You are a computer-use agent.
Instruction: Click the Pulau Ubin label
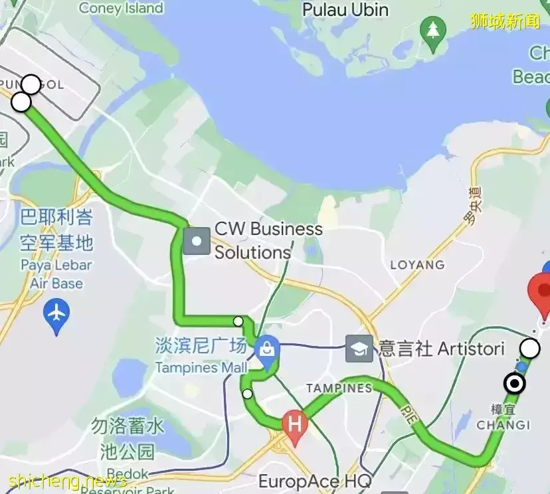click(x=345, y=10)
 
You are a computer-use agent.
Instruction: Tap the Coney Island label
click(x=120, y=8)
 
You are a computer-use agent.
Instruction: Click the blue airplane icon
click(x=56, y=311)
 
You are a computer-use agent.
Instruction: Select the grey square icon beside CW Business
click(x=197, y=241)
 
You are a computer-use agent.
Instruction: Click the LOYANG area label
click(x=417, y=264)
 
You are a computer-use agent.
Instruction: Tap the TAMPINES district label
click(x=339, y=388)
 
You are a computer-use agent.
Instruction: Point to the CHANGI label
click(x=504, y=425)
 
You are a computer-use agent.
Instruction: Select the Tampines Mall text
click(x=201, y=367)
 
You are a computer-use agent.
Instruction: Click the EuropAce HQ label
click(x=314, y=481)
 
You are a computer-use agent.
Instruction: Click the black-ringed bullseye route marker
click(x=514, y=384)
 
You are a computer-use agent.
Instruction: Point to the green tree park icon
click(x=434, y=29)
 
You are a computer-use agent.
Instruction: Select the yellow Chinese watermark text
click(x=505, y=21)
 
